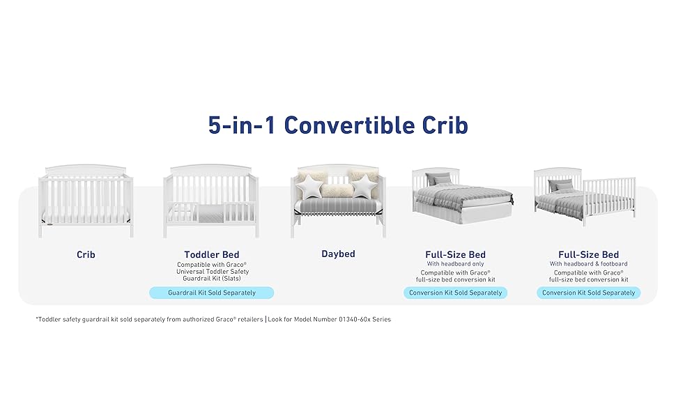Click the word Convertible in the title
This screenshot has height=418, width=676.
click(x=349, y=125)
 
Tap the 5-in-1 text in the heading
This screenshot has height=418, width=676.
click(x=242, y=125)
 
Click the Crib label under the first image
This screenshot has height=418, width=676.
click(x=86, y=255)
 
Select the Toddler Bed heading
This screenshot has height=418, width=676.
click(x=212, y=255)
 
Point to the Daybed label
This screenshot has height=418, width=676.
click(x=339, y=254)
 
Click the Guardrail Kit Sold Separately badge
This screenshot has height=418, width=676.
click(x=212, y=293)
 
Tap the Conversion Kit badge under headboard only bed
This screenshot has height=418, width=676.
click(x=455, y=293)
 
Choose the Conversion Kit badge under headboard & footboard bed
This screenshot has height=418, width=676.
click(x=588, y=293)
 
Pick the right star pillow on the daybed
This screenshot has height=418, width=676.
click(x=362, y=185)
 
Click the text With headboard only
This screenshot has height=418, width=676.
click(x=455, y=264)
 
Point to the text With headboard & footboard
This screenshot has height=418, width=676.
click(x=588, y=264)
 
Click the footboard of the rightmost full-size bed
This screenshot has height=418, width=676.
click(x=610, y=199)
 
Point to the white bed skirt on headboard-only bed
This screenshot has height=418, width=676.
click(x=461, y=214)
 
